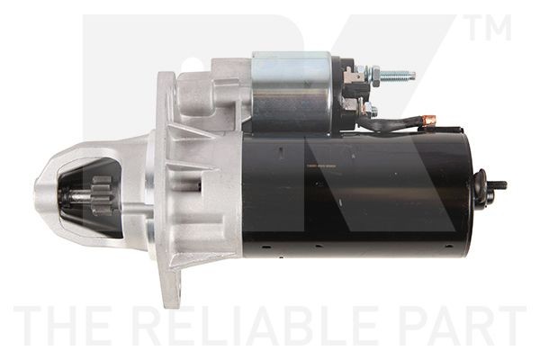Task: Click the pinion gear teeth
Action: point(101,193)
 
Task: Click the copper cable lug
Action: point(428,120)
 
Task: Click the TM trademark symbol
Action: point(489,28)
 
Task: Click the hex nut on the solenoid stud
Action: point(371,76)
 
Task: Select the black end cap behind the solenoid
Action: point(346,90)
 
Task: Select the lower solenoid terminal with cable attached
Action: point(368,110)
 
